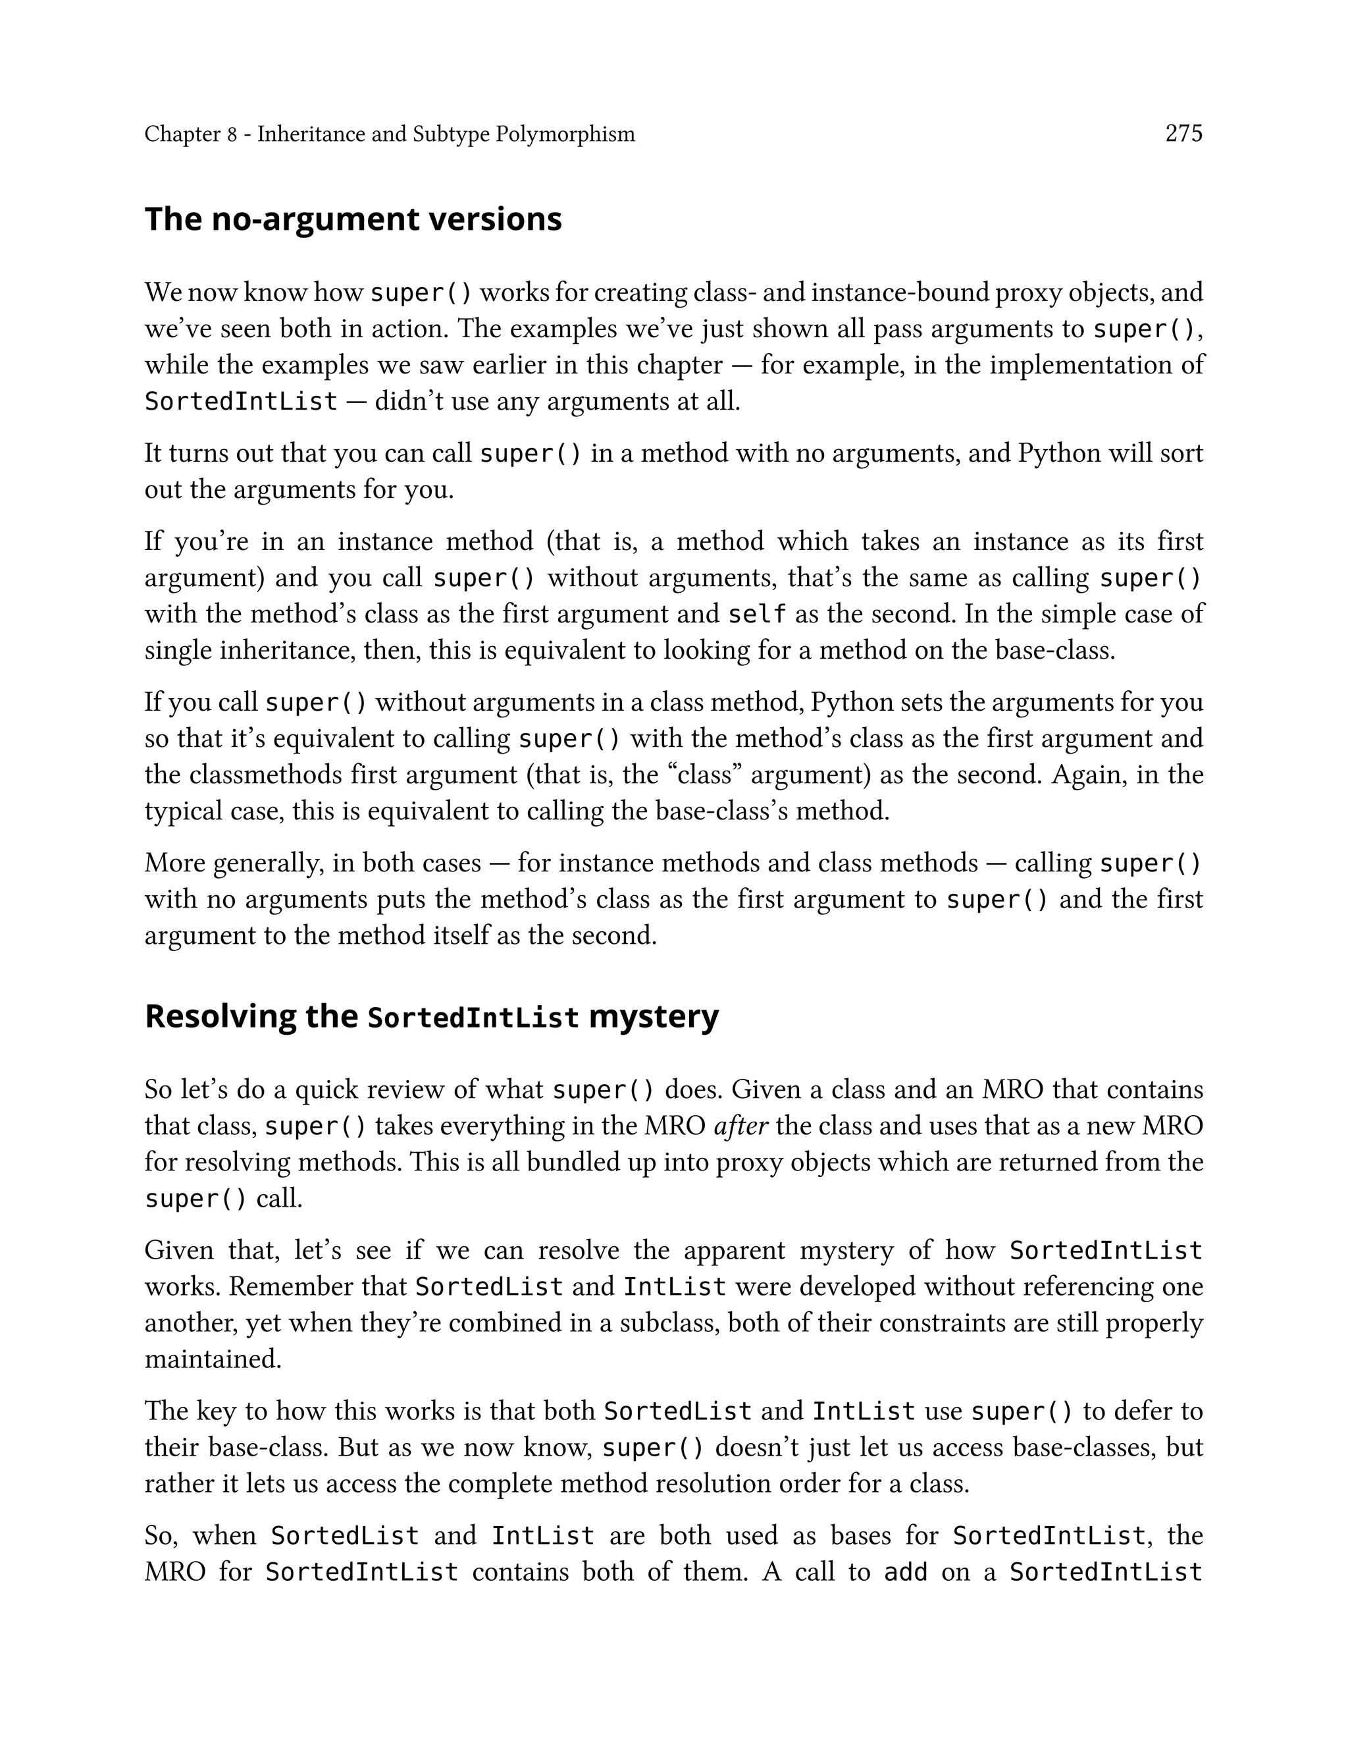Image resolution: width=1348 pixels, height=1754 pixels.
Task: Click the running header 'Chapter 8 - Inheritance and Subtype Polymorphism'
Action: [x=389, y=134]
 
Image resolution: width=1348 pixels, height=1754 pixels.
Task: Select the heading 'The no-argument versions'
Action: [x=353, y=219]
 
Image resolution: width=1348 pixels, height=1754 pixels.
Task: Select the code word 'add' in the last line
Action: [x=905, y=1572]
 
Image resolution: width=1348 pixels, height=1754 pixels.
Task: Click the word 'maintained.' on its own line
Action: [x=213, y=1359]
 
